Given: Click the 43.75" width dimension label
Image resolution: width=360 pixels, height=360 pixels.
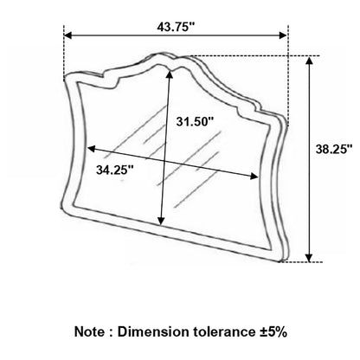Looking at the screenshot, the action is point(176,27).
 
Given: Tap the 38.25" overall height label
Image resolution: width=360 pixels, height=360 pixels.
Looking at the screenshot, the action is point(334,150).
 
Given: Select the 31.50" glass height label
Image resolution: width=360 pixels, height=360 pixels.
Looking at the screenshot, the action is point(195,121).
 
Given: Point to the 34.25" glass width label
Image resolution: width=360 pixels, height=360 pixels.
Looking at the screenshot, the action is point(115,170).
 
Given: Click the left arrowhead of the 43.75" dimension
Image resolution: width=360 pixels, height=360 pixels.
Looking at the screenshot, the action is point(67,35).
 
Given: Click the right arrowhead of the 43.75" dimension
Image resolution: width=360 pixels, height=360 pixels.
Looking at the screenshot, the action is point(283,35).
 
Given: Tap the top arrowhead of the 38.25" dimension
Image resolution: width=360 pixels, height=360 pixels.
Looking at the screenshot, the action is point(309,61).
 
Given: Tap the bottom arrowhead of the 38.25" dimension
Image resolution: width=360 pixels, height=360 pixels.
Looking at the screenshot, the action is point(309,258).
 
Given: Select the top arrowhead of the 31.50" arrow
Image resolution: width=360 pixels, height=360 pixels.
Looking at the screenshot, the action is point(170,74).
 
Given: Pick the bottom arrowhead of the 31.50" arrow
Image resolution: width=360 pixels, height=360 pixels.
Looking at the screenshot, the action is point(162,221).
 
